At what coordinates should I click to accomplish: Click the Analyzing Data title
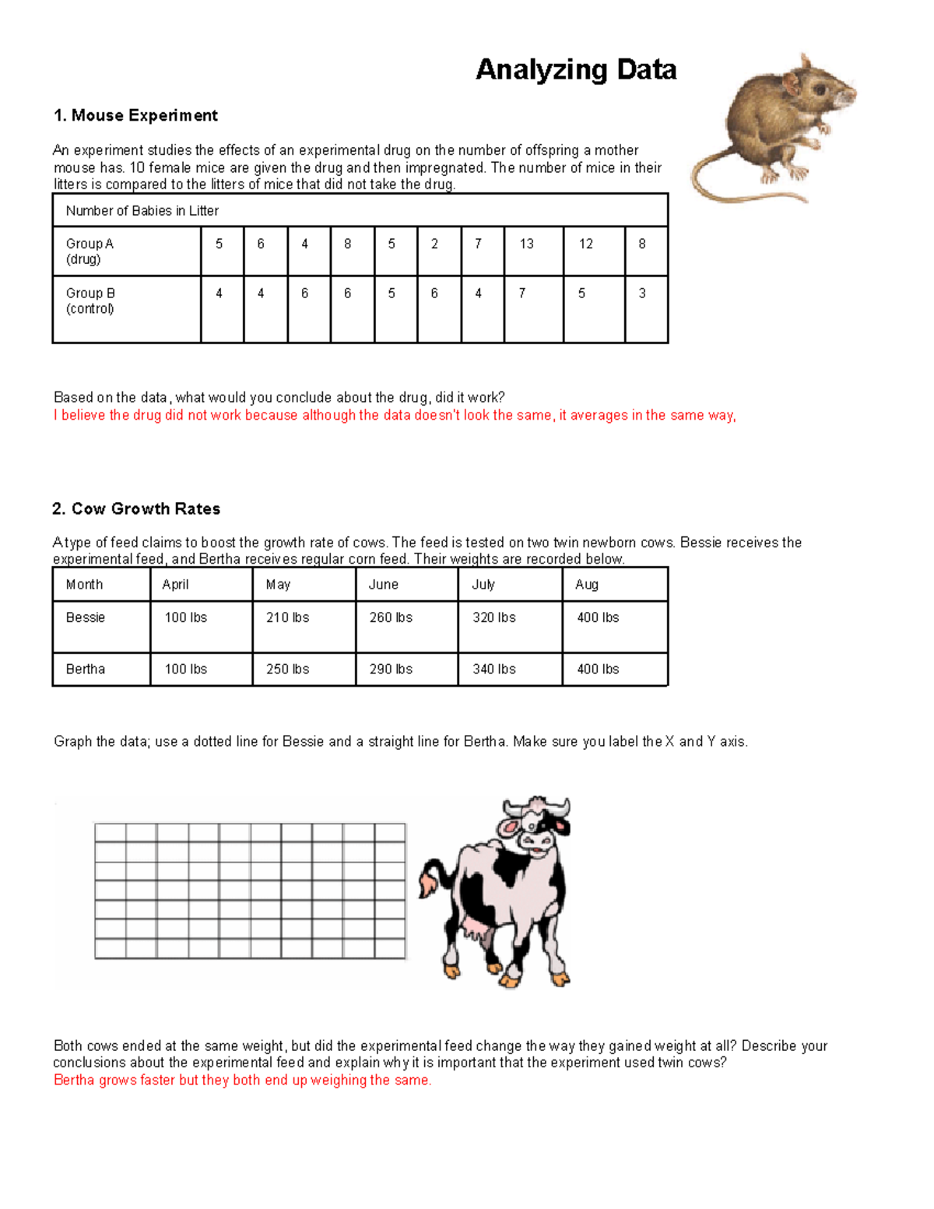[x=576, y=70]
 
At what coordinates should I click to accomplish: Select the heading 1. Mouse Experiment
[x=135, y=115]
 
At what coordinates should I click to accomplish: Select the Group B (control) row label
[x=90, y=300]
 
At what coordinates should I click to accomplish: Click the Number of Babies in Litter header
[x=142, y=211]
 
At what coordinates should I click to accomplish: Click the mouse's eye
[x=820, y=88]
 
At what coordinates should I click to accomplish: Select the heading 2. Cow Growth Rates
[x=136, y=509]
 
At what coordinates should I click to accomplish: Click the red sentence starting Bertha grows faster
[x=242, y=1081]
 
